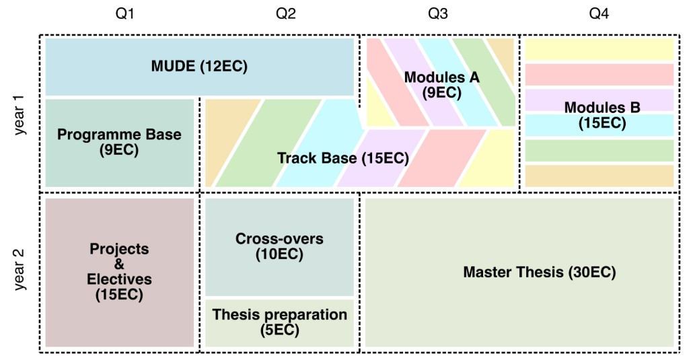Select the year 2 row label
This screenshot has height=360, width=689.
pyautogui.click(x=20, y=270)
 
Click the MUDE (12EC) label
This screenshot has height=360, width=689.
pyautogui.click(x=199, y=67)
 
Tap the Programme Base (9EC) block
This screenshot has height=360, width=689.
pyautogui.click(x=119, y=142)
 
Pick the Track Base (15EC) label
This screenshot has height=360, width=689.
pyautogui.click(x=342, y=159)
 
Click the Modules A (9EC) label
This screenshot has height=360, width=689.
pyautogui.click(x=441, y=85)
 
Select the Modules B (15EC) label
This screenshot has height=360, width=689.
pyautogui.click(x=602, y=115)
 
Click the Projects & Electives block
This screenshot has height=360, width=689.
pyautogui.click(x=120, y=272)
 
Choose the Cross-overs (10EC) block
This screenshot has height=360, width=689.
pyautogui.click(x=279, y=246)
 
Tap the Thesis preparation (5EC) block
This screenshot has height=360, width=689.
pyautogui.click(x=279, y=322)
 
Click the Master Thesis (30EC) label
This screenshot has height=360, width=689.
pyautogui.click(x=539, y=273)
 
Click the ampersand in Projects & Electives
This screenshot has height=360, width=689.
pyautogui.click(x=120, y=264)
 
